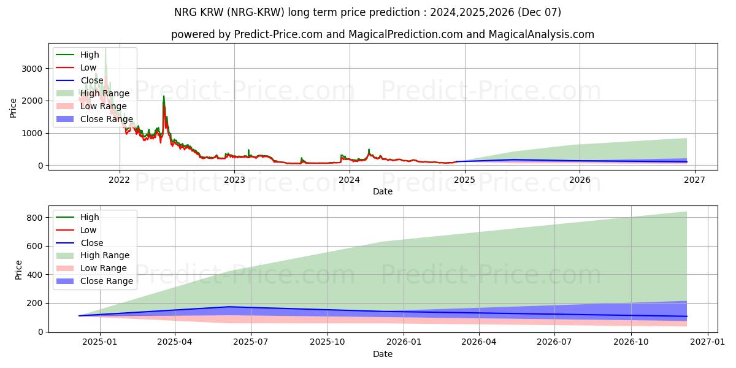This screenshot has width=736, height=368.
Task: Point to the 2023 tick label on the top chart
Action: click(234, 180)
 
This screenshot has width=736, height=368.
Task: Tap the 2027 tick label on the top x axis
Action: click(694, 180)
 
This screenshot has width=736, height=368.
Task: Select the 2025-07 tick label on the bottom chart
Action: click(251, 342)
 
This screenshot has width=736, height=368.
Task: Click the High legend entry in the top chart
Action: click(89, 55)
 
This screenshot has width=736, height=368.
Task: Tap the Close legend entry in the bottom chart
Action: click(92, 243)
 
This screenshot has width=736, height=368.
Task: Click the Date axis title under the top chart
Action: click(383, 191)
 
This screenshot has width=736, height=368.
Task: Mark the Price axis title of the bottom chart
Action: click(19, 270)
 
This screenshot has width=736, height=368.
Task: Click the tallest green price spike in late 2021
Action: click(105, 49)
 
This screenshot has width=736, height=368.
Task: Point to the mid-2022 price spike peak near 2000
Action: click(164, 96)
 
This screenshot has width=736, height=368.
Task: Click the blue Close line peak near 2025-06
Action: click(229, 307)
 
